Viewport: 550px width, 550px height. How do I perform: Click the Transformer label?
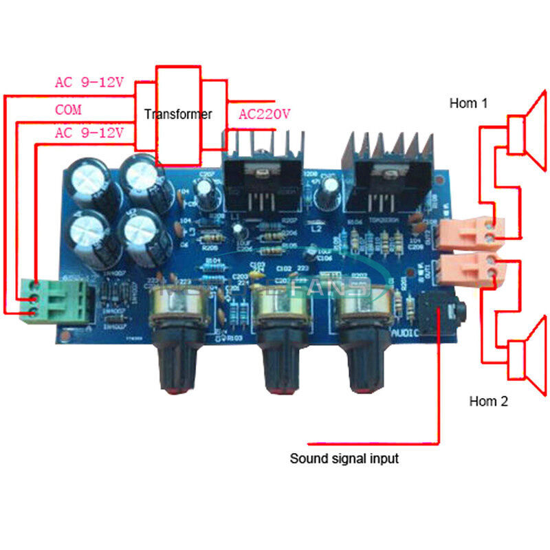tap(178, 115)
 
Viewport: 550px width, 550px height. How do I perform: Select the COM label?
tap(69, 110)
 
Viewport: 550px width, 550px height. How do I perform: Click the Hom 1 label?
tap(468, 104)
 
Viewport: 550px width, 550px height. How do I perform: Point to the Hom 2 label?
tap(488, 401)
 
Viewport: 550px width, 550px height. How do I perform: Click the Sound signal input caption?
tap(344, 458)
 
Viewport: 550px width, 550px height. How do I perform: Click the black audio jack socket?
tap(441, 316)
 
